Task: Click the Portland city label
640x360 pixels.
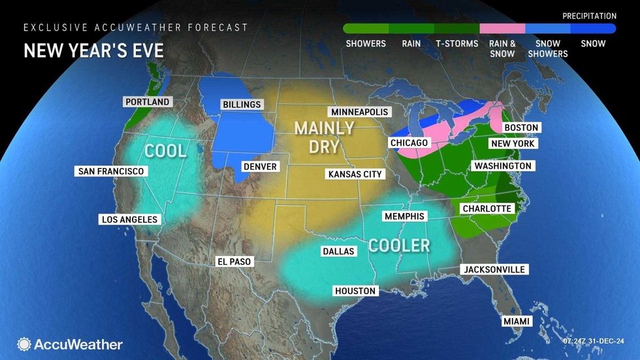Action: click(x=146, y=102)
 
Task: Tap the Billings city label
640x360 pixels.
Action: click(x=241, y=105)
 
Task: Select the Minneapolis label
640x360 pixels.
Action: click(x=359, y=112)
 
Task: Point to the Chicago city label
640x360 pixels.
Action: click(x=409, y=142)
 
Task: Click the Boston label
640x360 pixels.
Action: click(x=521, y=127)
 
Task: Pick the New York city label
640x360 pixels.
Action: click(x=513, y=144)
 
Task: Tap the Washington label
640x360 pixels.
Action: click(x=503, y=166)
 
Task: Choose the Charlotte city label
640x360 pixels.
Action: click(x=487, y=208)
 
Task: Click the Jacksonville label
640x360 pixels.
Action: click(x=494, y=269)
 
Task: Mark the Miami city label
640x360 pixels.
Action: click(x=517, y=321)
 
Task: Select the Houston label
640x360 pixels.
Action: click(x=355, y=291)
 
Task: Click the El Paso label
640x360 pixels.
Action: click(x=234, y=261)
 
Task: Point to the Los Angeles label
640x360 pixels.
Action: click(x=129, y=220)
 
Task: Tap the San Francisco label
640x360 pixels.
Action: click(x=110, y=171)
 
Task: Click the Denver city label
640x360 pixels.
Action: click(x=259, y=167)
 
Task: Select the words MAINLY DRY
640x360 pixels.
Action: click(x=324, y=137)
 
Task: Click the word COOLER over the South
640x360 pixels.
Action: click(x=399, y=245)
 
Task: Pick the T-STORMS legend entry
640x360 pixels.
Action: click(x=456, y=44)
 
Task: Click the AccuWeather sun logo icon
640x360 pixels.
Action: click(x=24, y=344)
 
